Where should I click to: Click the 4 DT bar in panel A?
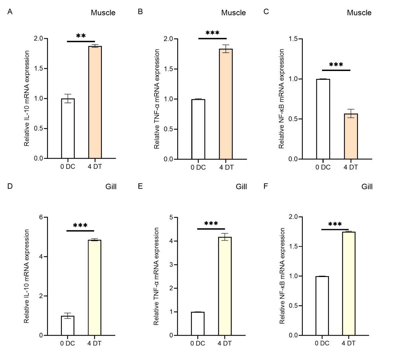[x=95, y=102]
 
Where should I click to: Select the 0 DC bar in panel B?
[x=198, y=129]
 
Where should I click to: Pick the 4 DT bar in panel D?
[x=94, y=287]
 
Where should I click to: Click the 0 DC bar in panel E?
[x=198, y=323]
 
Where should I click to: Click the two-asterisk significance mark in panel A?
[x=81, y=36]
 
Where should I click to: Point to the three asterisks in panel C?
[x=336, y=65]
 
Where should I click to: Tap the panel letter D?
[x=10, y=186]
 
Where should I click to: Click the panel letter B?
[x=140, y=12]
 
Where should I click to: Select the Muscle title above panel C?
[x=359, y=13]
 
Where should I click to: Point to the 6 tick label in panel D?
[x=41, y=217]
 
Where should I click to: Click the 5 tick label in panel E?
[x=171, y=217]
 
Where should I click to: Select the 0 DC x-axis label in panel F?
[x=322, y=343]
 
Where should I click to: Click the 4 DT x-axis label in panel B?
[x=226, y=168]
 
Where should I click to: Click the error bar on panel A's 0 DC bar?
[x=68, y=98]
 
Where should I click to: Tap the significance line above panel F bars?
[x=335, y=229]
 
